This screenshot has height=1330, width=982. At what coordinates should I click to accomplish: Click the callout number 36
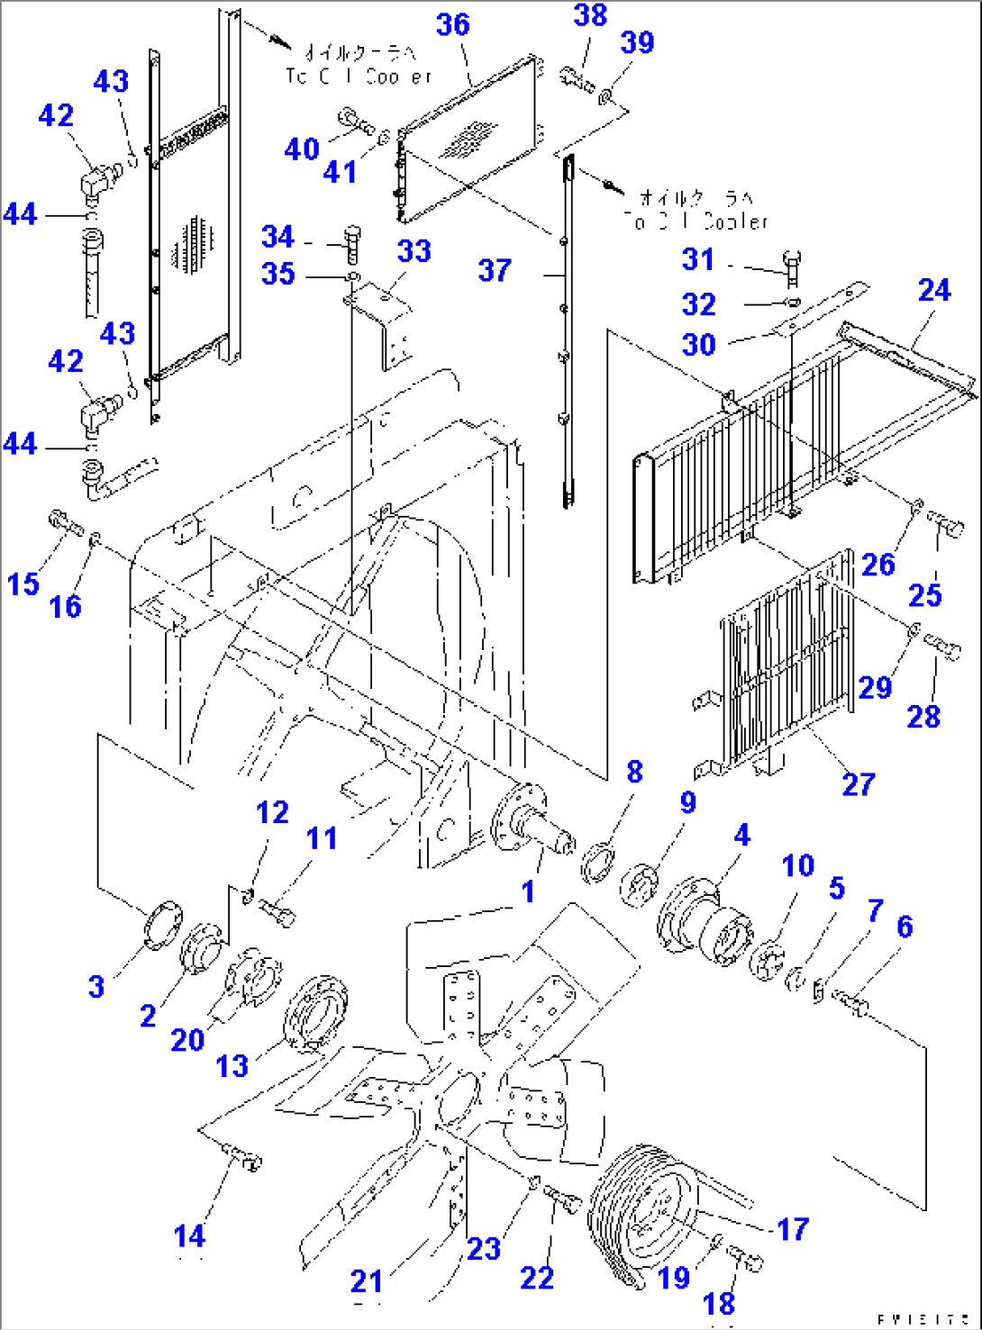453,24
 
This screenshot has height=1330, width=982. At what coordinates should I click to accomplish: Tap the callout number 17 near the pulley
793,1229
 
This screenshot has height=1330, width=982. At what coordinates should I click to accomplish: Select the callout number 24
934,290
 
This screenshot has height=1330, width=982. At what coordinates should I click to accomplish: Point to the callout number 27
858,784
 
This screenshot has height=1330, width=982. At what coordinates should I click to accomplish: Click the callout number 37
495,270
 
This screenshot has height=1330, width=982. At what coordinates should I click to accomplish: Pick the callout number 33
414,251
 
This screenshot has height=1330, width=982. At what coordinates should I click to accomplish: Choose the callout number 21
367,1280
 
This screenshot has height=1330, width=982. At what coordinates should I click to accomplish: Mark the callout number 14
190,1236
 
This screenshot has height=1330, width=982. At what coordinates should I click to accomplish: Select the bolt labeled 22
560,1199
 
